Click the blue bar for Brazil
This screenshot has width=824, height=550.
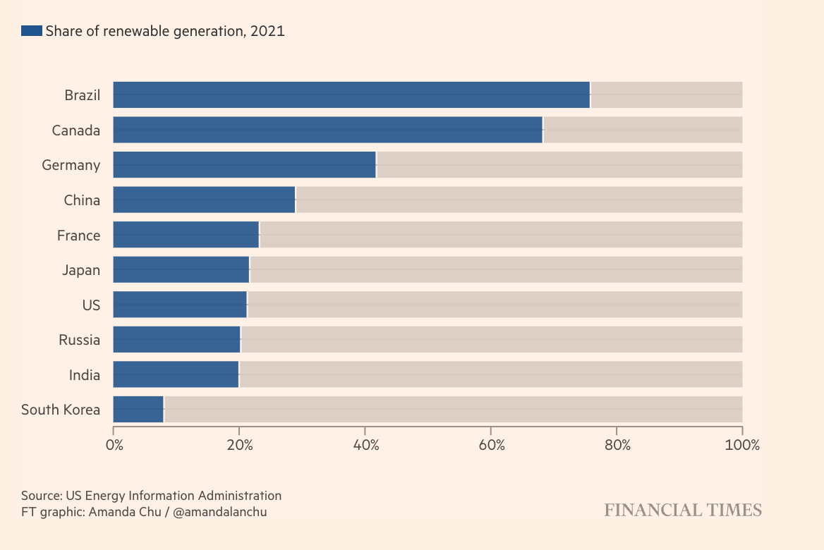[351, 94]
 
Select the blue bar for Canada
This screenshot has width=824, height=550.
[327, 130]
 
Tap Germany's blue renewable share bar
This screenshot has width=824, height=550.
[244, 164]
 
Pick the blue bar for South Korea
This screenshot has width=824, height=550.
[138, 409]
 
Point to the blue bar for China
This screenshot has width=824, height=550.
[204, 200]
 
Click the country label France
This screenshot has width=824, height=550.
[79, 235]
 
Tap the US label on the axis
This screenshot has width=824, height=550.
[91, 305]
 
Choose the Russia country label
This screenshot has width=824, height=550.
[80, 339]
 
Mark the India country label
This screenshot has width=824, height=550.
[85, 374]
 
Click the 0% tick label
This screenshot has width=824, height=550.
[114, 445]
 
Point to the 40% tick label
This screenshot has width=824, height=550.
[366, 445]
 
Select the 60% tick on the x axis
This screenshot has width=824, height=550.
[492, 445]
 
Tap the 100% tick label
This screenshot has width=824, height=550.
[742, 445]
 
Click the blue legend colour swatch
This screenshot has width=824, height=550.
[32, 30]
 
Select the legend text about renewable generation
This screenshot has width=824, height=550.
[165, 30]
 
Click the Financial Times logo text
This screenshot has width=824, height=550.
[683, 510]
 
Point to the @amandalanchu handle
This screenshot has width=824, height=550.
[220, 512]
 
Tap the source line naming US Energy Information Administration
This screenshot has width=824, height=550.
[151, 495]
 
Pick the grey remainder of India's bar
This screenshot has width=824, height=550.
[490, 374]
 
